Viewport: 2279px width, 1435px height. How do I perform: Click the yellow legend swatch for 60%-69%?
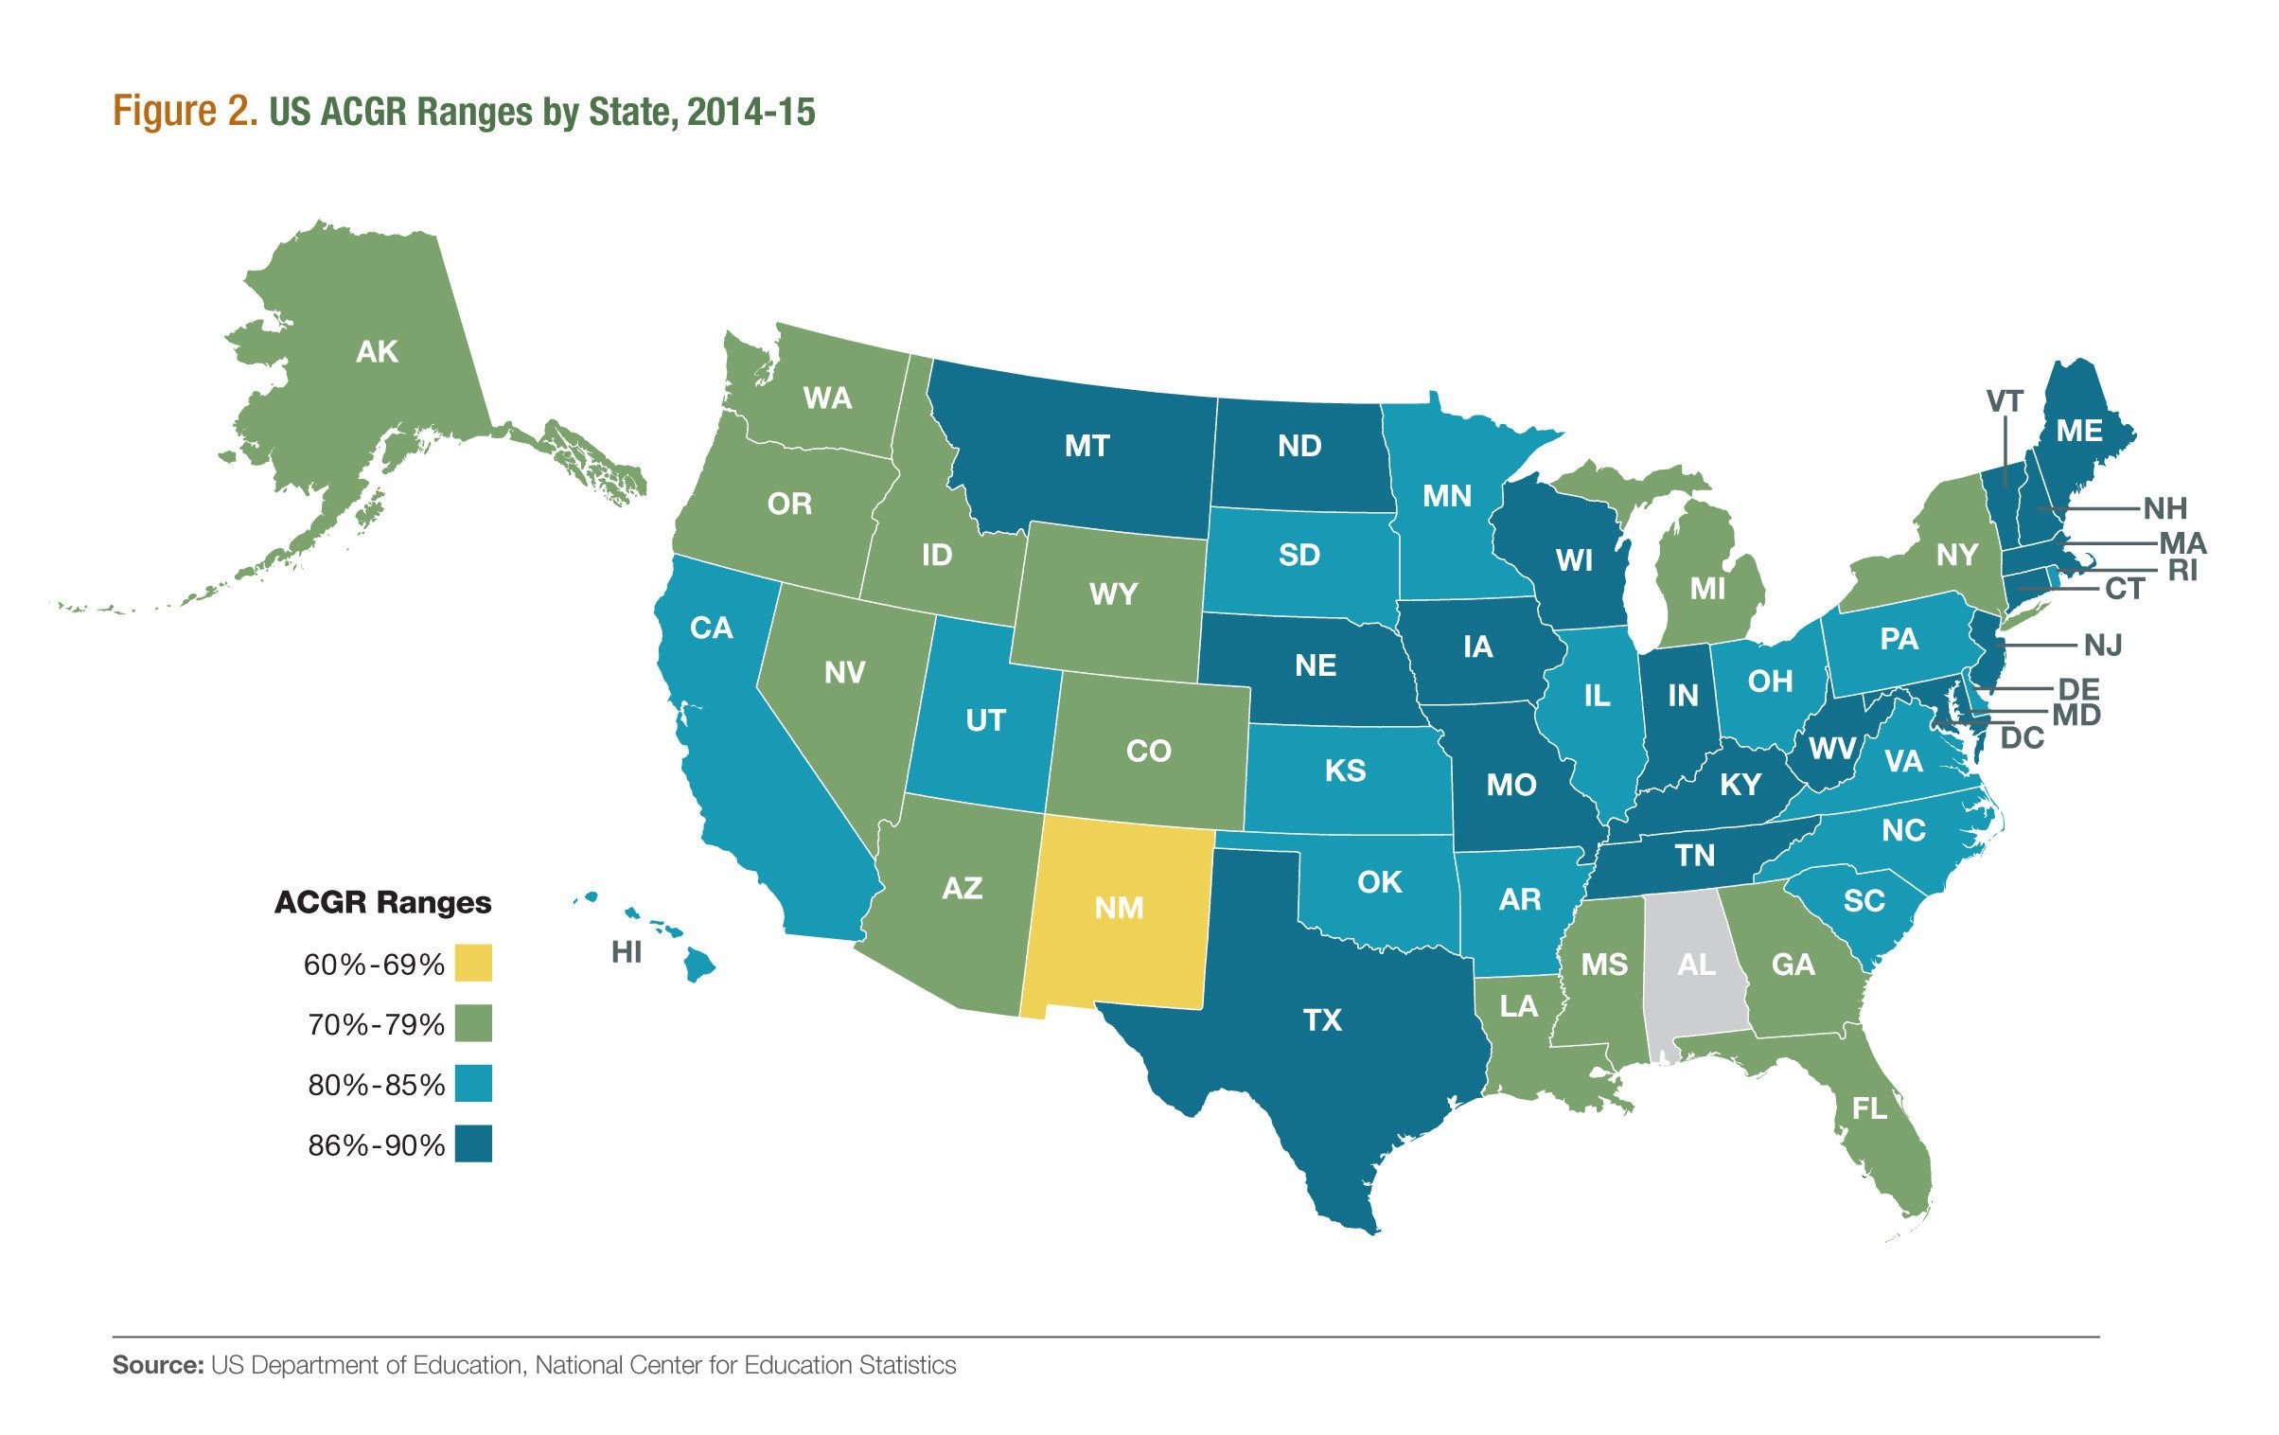click(x=473, y=963)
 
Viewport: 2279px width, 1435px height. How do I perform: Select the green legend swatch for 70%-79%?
click(x=473, y=1023)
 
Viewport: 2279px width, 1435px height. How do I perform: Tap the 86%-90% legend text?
click(x=376, y=1145)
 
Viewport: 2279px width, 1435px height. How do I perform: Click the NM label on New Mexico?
click(x=1119, y=908)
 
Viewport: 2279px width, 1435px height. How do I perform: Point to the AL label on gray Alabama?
click(x=1695, y=965)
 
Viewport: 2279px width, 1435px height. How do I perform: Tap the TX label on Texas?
click(x=1322, y=1019)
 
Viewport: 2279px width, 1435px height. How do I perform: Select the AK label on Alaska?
click(x=377, y=352)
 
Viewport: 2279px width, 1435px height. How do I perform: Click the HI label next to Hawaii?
click(x=627, y=951)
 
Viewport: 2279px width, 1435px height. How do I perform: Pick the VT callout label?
click(x=2005, y=401)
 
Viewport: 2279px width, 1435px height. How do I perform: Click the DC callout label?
click(x=2023, y=737)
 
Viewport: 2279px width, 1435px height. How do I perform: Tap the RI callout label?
click(x=2182, y=571)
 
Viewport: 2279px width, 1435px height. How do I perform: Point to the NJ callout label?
click(x=2103, y=646)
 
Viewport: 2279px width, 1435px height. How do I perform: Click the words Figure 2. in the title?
click(x=185, y=112)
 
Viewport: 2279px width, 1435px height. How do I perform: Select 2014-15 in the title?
click(x=751, y=112)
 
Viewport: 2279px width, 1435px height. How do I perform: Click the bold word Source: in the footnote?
click(x=158, y=1365)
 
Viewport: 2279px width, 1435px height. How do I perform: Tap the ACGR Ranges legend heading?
click(x=382, y=902)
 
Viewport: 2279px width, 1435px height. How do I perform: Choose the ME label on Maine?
click(x=2078, y=431)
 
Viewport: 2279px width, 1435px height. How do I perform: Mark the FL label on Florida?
click(x=1869, y=1107)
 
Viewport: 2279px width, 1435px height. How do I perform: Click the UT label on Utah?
click(x=984, y=720)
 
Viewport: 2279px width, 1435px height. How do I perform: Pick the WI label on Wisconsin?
click(x=1574, y=560)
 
